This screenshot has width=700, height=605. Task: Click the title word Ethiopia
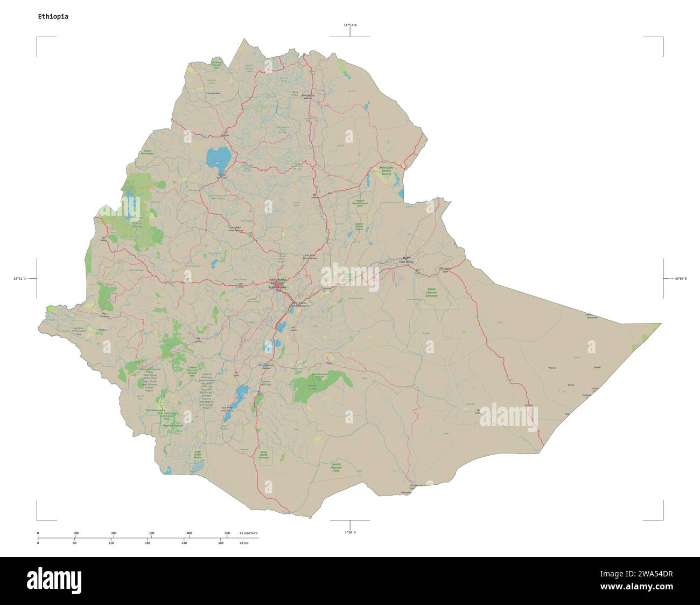pos(53,16)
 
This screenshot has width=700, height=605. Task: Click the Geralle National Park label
pos(337,467)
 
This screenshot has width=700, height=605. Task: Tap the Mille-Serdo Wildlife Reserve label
pos(387,171)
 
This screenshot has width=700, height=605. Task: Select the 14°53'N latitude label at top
pos(350,25)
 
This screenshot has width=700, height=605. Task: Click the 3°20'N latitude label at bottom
pos(350,532)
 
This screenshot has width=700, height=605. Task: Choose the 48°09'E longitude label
pos(679,279)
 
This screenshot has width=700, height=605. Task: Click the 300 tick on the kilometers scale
pos(151,533)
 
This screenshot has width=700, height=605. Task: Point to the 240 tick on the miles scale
pos(184,543)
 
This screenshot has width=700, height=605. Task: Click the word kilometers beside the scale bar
pos(248,533)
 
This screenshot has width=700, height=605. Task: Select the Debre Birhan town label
pos(309,257)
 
